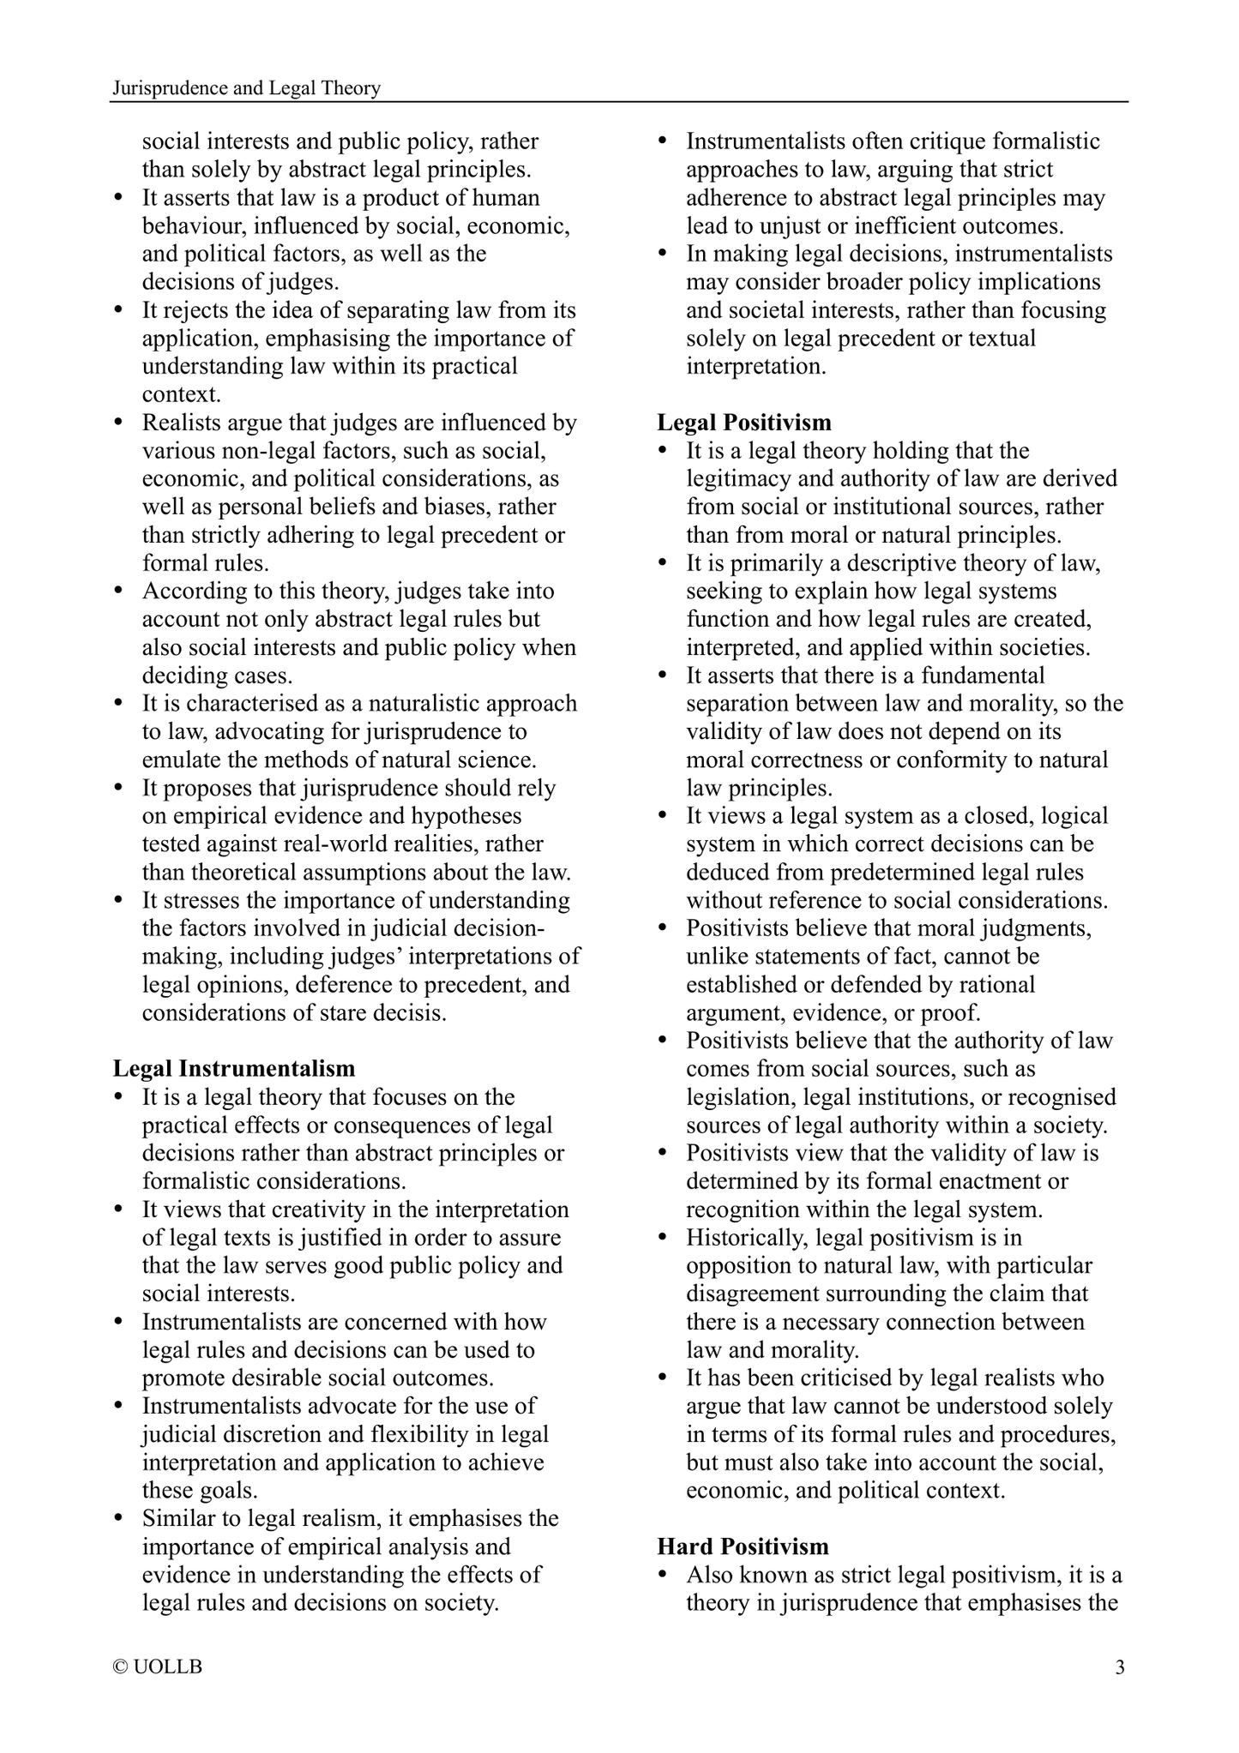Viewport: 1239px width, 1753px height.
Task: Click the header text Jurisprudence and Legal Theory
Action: coord(247,88)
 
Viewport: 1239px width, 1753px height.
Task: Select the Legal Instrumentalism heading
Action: coord(234,1068)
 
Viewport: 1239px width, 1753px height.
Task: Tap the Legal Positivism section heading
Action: coord(744,422)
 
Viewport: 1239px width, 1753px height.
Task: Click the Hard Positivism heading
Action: coord(743,1546)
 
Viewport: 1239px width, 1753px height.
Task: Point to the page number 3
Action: coord(1120,1667)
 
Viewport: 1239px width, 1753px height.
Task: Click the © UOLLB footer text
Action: coord(158,1667)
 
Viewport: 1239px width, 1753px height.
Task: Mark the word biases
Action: coord(455,506)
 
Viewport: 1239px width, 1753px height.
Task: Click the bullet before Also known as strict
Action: coord(662,1576)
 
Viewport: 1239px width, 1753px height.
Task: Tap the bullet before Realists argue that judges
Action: coord(119,423)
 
